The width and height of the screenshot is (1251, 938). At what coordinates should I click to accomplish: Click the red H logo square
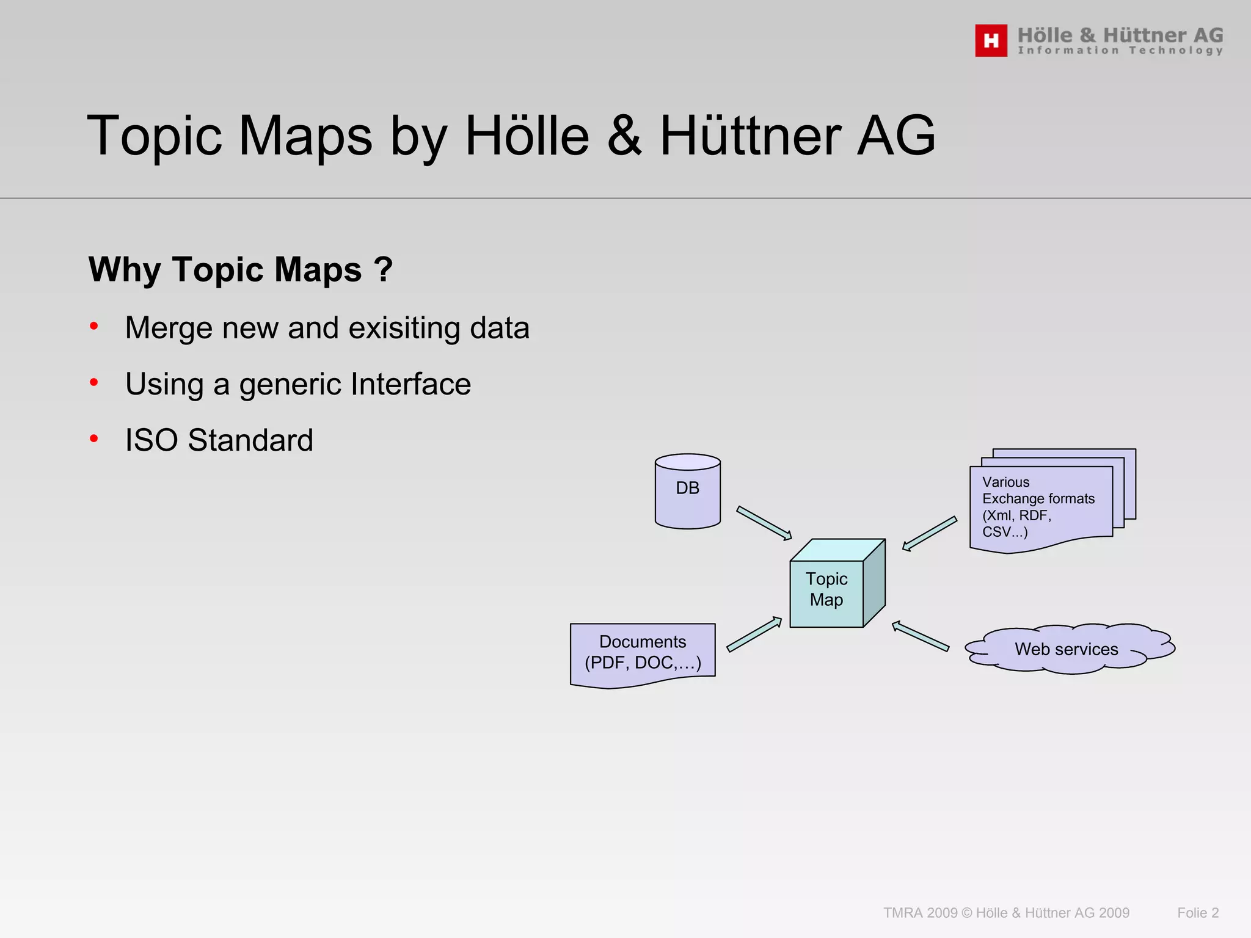click(x=991, y=40)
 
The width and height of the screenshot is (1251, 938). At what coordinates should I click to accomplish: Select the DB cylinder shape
click(x=687, y=491)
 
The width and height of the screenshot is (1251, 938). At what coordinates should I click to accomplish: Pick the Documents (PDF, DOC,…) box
click(x=643, y=653)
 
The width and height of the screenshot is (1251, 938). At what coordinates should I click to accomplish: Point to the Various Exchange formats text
click(x=1038, y=507)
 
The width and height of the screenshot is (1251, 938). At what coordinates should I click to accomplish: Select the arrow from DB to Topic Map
click(x=764, y=523)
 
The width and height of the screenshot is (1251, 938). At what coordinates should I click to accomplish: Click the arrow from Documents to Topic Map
click(x=754, y=634)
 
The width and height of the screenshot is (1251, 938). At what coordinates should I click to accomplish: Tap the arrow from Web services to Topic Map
click(x=920, y=636)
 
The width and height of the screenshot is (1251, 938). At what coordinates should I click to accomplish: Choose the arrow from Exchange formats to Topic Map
click(x=930, y=534)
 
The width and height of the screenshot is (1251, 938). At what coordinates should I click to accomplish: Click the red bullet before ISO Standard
click(x=94, y=438)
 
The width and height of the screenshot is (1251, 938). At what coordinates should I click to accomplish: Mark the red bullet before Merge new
click(x=94, y=326)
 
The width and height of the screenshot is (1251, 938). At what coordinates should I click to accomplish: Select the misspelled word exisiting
click(x=404, y=328)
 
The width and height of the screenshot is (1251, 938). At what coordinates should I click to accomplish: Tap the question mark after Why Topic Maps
click(x=383, y=269)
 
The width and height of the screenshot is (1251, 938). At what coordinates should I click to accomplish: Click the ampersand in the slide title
click(x=624, y=136)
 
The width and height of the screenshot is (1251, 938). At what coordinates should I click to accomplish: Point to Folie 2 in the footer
click(x=1197, y=912)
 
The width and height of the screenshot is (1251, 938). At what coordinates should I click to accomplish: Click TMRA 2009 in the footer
click(x=920, y=912)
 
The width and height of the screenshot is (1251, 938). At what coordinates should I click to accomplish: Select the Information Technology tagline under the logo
click(x=1120, y=51)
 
